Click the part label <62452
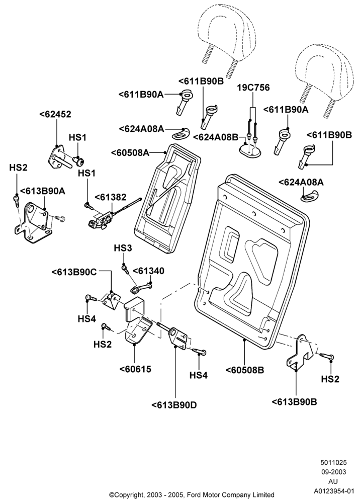click(x=55, y=114)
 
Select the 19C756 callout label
click(x=253, y=88)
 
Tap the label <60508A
click(x=130, y=152)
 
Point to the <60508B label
click(x=245, y=370)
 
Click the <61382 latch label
click(x=110, y=197)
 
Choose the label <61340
click(x=148, y=271)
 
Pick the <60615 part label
click(x=135, y=369)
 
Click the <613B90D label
click(x=174, y=405)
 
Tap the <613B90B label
click(x=294, y=401)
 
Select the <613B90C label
click(x=74, y=272)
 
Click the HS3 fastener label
click(x=123, y=248)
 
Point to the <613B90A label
click(x=43, y=191)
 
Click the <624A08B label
click(x=215, y=137)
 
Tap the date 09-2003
click(x=334, y=472)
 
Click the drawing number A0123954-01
click(x=334, y=491)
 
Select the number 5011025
click(x=334, y=463)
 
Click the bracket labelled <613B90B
click(x=298, y=353)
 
